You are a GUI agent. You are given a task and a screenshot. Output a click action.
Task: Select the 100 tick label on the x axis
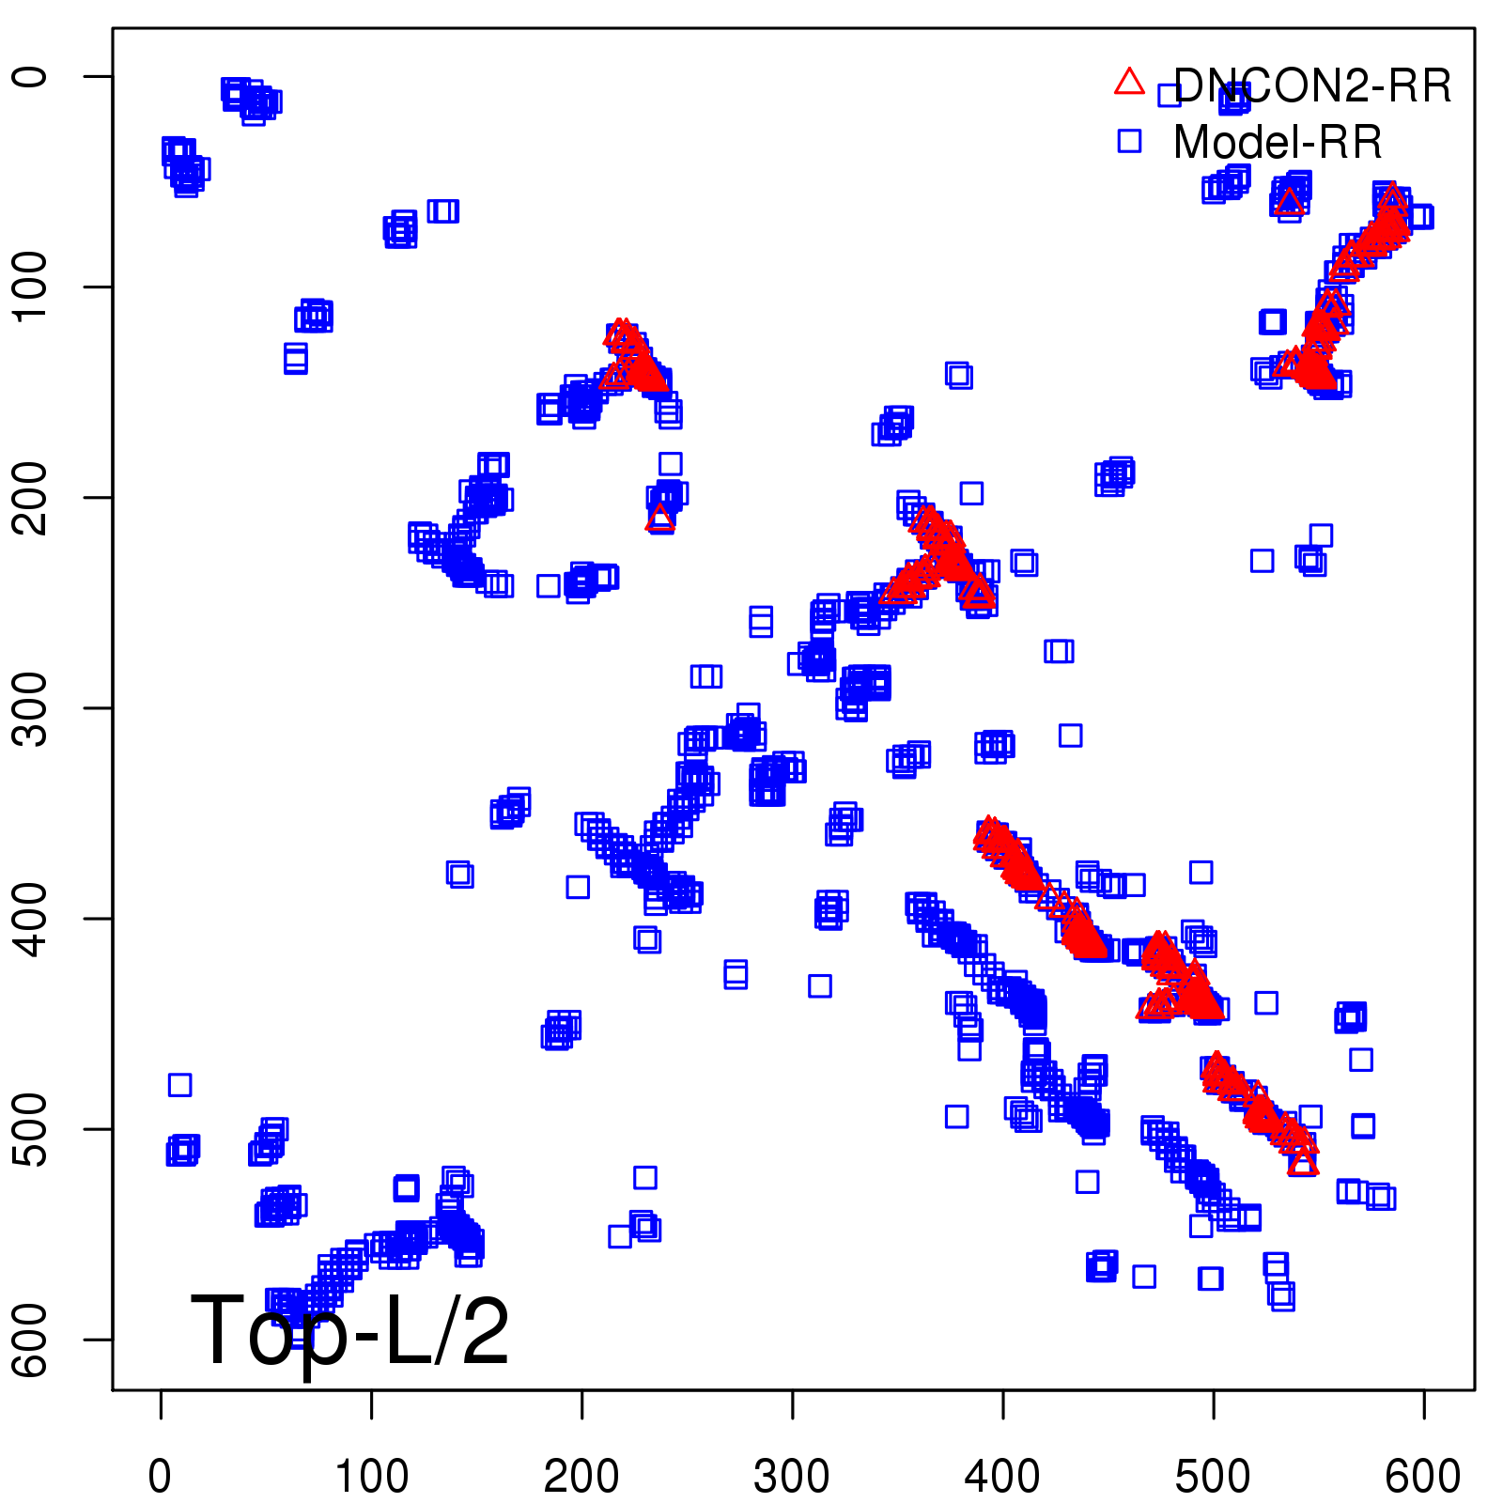(x=371, y=1477)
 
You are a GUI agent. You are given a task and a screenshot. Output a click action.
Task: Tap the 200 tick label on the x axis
(x=581, y=1477)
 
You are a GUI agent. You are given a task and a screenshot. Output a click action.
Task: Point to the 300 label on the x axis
(x=792, y=1477)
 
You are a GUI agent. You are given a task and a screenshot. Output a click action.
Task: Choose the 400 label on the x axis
(x=1002, y=1477)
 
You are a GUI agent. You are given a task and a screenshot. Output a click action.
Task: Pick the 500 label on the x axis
(x=1213, y=1477)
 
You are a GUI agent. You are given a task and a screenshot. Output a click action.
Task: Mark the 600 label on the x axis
(x=1423, y=1477)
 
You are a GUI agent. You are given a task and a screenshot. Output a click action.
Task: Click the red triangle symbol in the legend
(x=1129, y=83)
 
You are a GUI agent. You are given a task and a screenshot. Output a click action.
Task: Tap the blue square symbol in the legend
(x=1129, y=141)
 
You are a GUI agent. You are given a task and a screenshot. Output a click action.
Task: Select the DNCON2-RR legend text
(x=1312, y=85)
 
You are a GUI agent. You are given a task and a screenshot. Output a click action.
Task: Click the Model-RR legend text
(x=1278, y=143)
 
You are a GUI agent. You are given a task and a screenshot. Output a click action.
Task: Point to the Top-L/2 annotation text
(x=349, y=1332)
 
